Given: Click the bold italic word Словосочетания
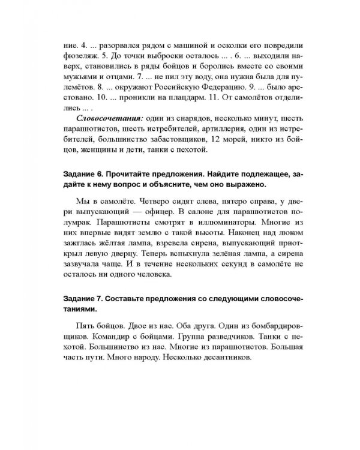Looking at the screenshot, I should coord(101,119).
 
